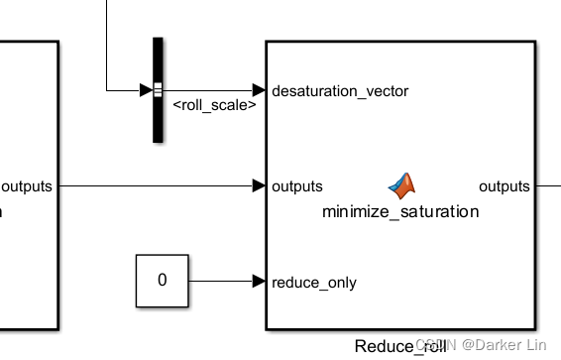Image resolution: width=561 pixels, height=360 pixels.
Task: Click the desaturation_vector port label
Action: (x=339, y=90)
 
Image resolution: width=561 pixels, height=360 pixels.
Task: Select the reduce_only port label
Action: (x=313, y=282)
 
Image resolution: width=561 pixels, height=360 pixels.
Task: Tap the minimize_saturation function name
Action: (x=399, y=211)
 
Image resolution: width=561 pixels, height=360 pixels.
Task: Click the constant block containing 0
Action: (x=162, y=281)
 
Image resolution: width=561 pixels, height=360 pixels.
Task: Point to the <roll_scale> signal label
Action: (x=215, y=105)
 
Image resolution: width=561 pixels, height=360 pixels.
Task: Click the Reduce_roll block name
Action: (x=399, y=346)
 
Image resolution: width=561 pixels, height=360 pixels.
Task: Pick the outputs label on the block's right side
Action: (x=505, y=186)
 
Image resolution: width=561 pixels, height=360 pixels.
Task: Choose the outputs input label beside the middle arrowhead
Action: (x=296, y=186)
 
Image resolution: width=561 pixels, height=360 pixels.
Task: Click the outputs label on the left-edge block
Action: (x=27, y=185)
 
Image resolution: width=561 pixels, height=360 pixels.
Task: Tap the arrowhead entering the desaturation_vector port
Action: (x=259, y=90)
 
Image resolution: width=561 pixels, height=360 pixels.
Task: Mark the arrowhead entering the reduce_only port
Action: (x=259, y=281)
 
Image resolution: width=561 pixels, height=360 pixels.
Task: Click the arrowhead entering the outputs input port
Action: (x=259, y=185)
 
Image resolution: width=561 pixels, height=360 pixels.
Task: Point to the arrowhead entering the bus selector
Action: (x=146, y=90)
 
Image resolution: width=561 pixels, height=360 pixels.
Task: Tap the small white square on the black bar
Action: (x=158, y=90)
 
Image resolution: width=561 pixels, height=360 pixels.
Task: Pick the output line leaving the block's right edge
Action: (x=548, y=185)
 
